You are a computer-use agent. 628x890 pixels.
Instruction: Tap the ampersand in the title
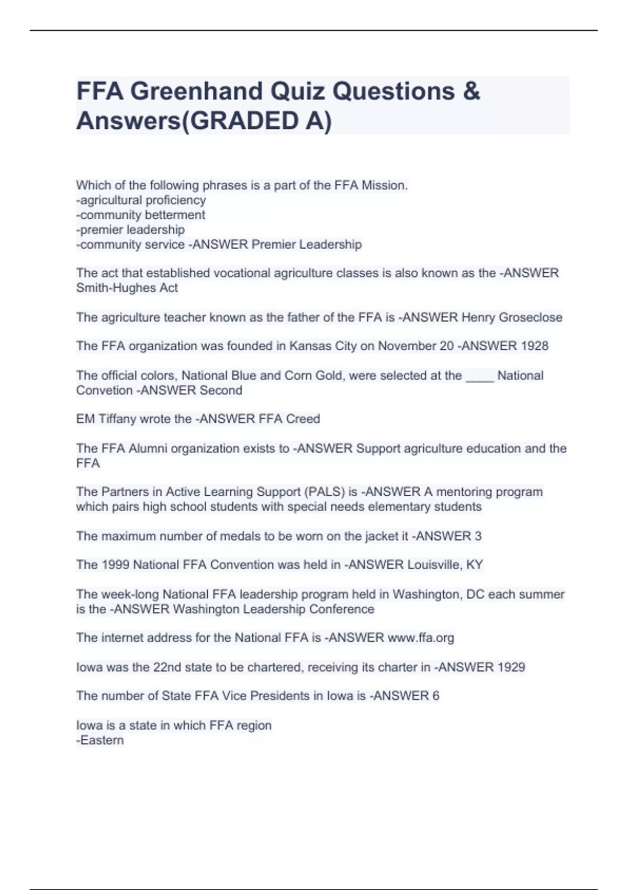click(x=471, y=91)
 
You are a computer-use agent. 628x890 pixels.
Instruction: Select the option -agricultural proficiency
click(x=141, y=200)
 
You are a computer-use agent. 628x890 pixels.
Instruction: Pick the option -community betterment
click(x=140, y=215)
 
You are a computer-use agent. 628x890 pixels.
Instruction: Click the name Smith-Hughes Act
click(x=127, y=288)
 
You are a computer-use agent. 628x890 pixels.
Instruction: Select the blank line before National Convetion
click(x=479, y=376)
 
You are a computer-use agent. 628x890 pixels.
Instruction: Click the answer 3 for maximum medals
click(x=478, y=536)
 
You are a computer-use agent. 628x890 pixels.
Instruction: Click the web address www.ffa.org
click(x=421, y=638)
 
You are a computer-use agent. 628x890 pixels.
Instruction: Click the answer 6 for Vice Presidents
click(x=435, y=696)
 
